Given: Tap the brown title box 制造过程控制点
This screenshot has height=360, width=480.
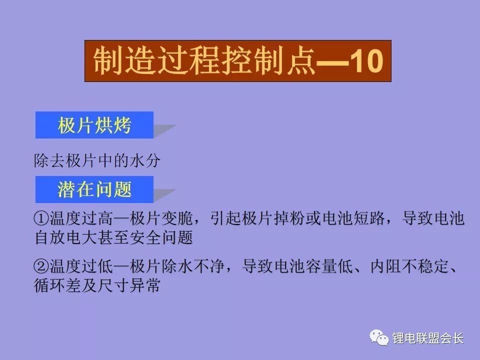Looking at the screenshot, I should tap(237, 61).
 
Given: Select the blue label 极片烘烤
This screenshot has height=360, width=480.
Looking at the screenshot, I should tap(94, 125).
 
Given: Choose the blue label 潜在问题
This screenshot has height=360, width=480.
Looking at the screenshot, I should tap(94, 189).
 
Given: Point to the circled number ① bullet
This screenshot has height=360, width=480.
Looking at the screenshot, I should tap(41, 218).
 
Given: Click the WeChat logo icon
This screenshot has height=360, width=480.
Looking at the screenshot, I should tap(379, 338).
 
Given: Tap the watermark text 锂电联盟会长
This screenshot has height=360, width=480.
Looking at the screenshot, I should tap(428, 338).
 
